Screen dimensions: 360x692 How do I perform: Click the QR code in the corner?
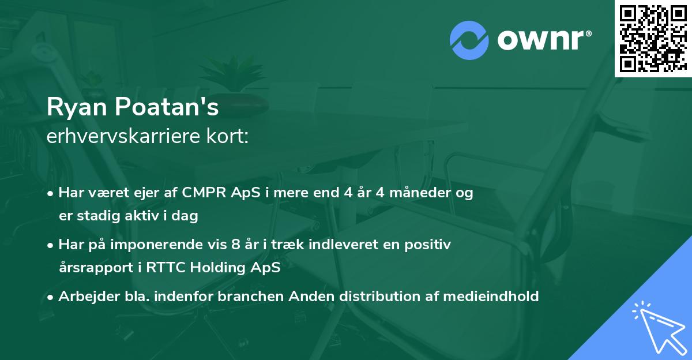[653, 38]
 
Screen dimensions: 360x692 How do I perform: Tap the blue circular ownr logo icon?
[469, 40]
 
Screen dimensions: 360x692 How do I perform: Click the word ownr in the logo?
[543, 40]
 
